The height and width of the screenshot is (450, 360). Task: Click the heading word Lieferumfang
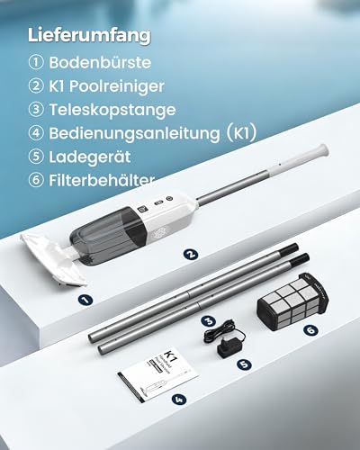tap(89, 36)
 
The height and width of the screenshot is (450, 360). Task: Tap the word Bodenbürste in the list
tap(100, 63)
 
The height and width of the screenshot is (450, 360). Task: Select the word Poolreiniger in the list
tap(117, 86)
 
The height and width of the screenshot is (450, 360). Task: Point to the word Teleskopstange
tap(112, 110)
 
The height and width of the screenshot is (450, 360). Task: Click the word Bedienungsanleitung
tap(135, 133)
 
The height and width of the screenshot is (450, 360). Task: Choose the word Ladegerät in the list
tap(90, 157)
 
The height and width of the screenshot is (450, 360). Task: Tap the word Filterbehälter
tap(102, 181)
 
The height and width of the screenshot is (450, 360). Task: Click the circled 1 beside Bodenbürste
tap(36, 63)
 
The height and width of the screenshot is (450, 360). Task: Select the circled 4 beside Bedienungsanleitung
tap(36, 133)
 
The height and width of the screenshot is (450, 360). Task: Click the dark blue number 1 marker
tap(85, 300)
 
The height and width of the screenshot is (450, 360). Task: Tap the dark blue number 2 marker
tap(191, 255)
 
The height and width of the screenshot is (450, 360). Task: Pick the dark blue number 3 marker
tap(209, 321)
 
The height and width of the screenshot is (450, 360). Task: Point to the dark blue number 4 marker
tap(179, 400)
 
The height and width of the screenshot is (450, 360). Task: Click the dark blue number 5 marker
tap(244, 364)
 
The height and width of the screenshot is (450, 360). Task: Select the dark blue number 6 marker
tap(310, 330)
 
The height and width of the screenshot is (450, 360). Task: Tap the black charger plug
tap(229, 349)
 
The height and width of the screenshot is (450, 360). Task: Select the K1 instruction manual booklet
tap(158, 375)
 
